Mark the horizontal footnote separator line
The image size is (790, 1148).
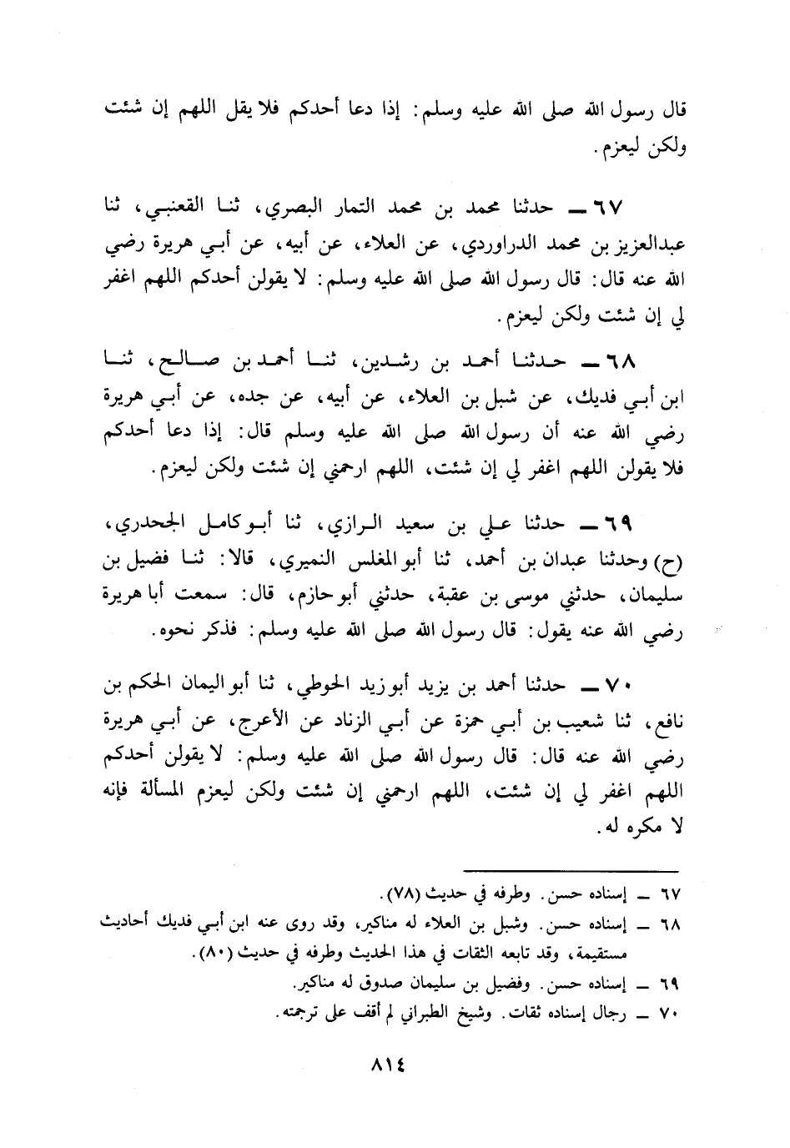click(x=571, y=870)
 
